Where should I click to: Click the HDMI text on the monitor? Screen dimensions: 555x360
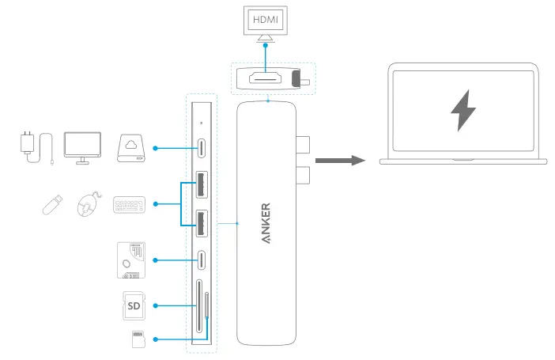(x=266, y=20)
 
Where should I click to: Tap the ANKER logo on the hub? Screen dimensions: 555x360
(x=266, y=223)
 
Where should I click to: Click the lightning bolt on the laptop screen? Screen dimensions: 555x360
(x=463, y=110)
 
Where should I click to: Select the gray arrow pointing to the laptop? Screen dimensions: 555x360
(x=340, y=160)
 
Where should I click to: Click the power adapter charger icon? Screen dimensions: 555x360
(x=37, y=148)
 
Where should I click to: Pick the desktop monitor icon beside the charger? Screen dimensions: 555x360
(x=82, y=148)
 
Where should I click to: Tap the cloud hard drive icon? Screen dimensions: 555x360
(x=131, y=148)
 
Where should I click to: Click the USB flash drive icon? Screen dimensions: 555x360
(x=52, y=204)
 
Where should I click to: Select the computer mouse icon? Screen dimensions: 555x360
(x=89, y=204)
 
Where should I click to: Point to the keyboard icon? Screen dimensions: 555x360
(x=129, y=205)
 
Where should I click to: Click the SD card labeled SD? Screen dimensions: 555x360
(x=134, y=305)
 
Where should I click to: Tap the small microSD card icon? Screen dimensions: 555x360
(x=138, y=339)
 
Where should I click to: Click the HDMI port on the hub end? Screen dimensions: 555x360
(x=265, y=78)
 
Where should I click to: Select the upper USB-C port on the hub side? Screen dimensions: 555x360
(x=201, y=148)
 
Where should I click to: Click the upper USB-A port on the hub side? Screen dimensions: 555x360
(x=202, y=184)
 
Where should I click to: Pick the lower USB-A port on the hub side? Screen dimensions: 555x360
(x=202, y=224)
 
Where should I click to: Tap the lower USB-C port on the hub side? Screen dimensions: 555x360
(x=201, y=260)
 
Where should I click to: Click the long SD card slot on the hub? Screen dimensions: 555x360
(x=199, y=305)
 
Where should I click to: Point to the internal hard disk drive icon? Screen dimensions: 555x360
(x=131, y=260)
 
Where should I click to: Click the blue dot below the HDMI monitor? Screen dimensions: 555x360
(x=266, y=45)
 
